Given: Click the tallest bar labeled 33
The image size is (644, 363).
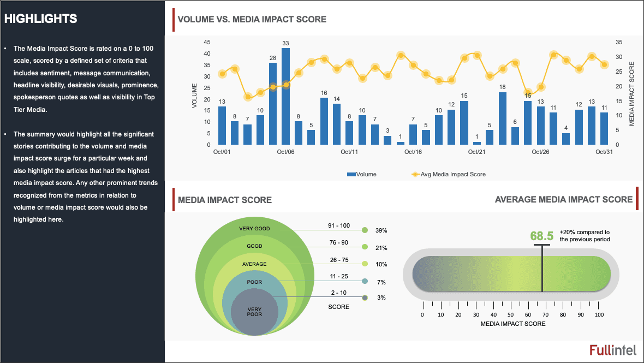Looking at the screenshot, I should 285,96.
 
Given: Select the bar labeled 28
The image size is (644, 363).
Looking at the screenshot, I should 273,104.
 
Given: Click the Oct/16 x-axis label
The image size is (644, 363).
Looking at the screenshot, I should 413,152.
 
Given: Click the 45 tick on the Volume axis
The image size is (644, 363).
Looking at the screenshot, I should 207,42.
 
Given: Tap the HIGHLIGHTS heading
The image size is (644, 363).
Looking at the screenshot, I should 41,19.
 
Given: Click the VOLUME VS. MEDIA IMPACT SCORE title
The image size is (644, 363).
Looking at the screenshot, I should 252,20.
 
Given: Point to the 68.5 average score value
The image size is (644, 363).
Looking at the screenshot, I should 542,236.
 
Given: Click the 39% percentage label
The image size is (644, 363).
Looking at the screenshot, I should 381,231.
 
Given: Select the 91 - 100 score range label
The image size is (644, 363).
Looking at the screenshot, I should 339,225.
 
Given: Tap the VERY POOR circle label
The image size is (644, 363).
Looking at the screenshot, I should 254,312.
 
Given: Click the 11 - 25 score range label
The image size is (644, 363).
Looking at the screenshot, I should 339,276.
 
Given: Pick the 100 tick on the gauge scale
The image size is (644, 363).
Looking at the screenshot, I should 599,315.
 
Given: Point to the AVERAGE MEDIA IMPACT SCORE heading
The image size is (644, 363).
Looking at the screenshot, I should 564,200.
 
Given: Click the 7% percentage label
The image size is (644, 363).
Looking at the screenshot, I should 381,282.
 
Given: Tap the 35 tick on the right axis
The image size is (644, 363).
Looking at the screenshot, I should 618,42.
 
